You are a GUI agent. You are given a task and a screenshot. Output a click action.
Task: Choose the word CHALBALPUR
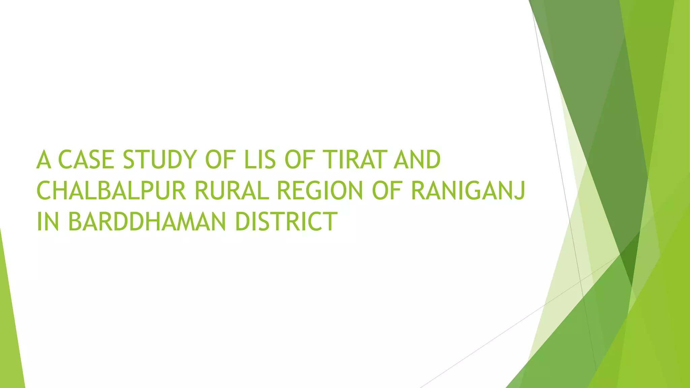point(111,191)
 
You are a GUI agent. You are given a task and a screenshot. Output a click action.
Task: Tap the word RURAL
point(231,191)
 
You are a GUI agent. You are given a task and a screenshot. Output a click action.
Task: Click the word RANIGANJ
point(468,191)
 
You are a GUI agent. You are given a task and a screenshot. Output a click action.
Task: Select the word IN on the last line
point(48,222)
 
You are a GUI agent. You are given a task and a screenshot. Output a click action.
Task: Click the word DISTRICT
point(286,222)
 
